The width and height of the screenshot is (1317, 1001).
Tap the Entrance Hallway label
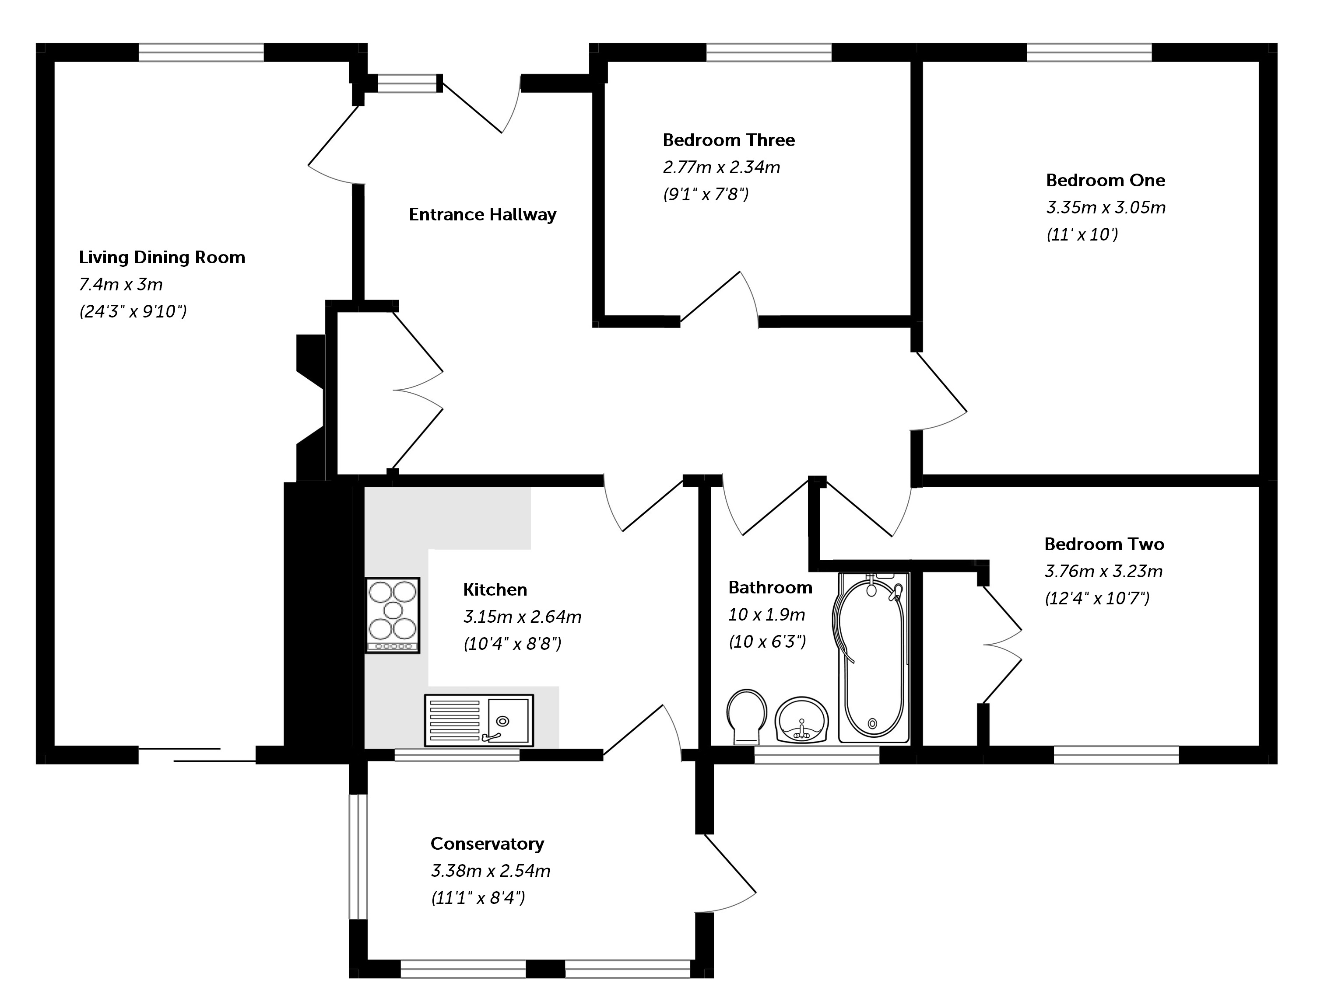point(482,214)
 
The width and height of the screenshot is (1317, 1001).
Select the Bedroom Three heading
point(729,140)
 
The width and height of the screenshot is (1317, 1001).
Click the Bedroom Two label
point(1104,544)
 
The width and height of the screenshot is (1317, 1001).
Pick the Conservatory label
point(487,844)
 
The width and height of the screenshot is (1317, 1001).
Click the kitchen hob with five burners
point(392,615)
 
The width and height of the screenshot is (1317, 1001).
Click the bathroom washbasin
point(802,720)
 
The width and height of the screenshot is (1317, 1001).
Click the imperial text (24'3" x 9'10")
point(133,312)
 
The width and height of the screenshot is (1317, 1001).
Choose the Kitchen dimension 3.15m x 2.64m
point(522,617)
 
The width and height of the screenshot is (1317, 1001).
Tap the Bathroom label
point(770,587)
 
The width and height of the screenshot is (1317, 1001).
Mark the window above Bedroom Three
point(769,52)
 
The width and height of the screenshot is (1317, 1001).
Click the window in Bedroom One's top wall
point(1089,52)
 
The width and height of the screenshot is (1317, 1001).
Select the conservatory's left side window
point(358,857)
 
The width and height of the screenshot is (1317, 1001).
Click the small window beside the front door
point(407,84)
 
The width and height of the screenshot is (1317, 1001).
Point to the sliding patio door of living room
point(197,755)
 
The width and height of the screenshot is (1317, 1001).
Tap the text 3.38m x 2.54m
point(491,871)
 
